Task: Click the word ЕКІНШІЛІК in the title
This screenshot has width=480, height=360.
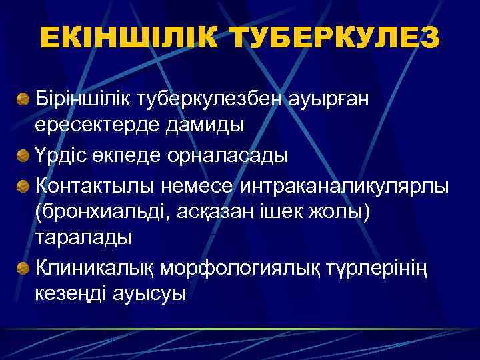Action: click(x=129, y=37)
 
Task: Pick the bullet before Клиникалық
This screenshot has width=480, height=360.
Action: click(x=23, y=268)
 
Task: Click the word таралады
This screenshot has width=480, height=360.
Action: click(x=83, y=238)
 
